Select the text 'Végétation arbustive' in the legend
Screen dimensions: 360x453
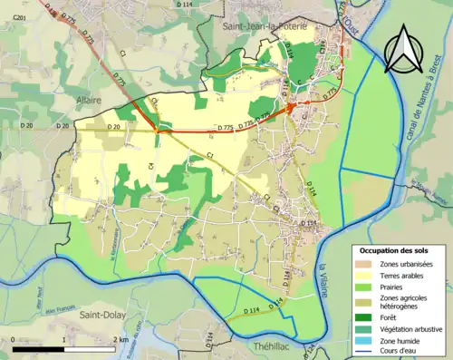[x=408, y=328]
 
